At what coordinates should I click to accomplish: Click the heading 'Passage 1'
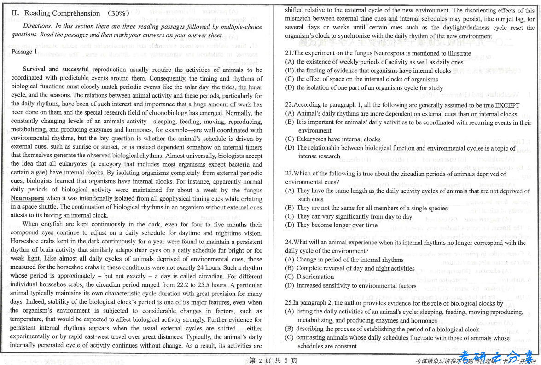(x=24, y=52)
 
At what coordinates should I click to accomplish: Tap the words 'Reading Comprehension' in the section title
(x=62, y=13)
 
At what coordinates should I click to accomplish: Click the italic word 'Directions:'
(x=38, y=26)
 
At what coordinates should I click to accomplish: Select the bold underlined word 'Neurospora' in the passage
(x=27, y=198)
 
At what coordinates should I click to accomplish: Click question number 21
(x=289, y=53)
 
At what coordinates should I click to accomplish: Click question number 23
(x=289, y=174)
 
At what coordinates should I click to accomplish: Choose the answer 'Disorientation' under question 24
(x=315, y=277)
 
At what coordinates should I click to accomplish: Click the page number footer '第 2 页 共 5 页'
(x=273, y=360)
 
